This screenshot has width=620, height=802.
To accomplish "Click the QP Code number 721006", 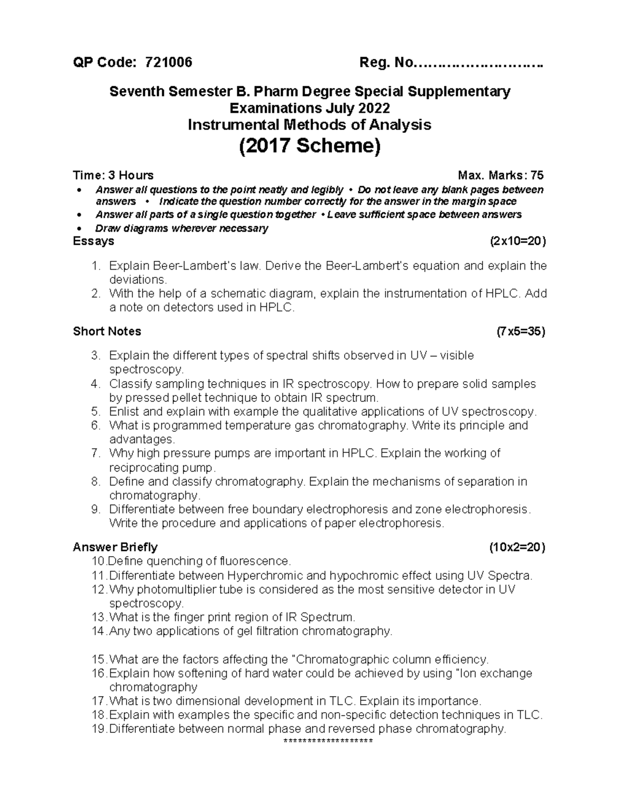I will (x=169, y=62).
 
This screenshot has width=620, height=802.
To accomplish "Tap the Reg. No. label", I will (x=386, y=62).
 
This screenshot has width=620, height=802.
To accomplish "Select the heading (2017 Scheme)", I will (x=309, y=147).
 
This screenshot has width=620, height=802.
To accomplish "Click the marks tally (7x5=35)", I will (x=520, y=331).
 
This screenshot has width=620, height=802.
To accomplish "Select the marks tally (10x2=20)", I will (x=517, y=547).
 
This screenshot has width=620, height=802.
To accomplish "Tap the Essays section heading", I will (x=94, y=241).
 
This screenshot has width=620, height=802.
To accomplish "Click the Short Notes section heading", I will (x=107, y=331).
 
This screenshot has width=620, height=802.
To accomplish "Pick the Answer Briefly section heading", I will (x=115, y=547).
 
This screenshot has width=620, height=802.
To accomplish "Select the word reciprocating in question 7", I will (x=141, y=468).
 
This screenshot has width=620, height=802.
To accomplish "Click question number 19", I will (x=98, y=729).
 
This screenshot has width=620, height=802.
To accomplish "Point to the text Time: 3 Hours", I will (x=113, y=175).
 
